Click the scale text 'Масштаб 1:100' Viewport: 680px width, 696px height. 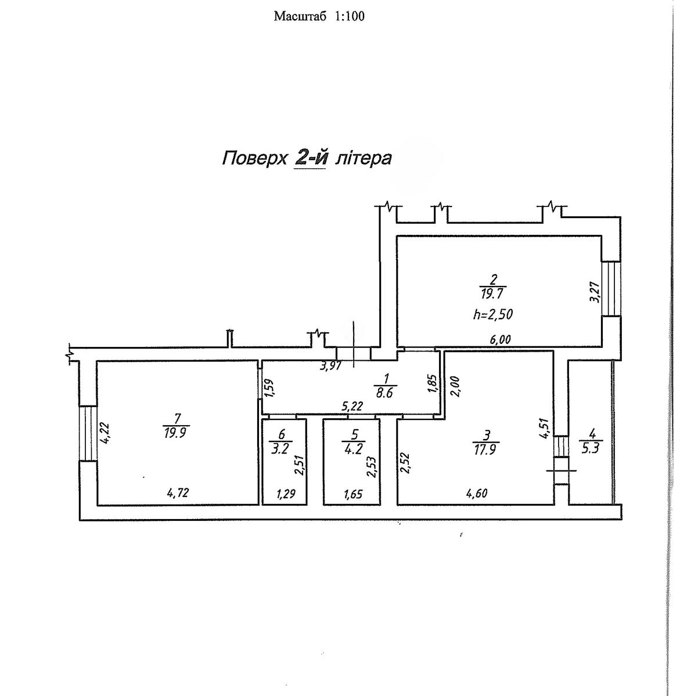(x=319, y=16)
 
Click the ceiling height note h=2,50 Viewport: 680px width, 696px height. (x=492, y=314)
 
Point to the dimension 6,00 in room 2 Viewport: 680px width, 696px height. (x=501, y=340)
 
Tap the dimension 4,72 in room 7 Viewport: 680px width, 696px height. (x=178, y=494)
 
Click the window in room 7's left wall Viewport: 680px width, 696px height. (x=88, y=433)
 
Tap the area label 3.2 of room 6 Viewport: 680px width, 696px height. (x=282, y=447)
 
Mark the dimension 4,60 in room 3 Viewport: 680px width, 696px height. (x=476, y=494)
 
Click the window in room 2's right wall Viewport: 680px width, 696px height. (x=610, y=287)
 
